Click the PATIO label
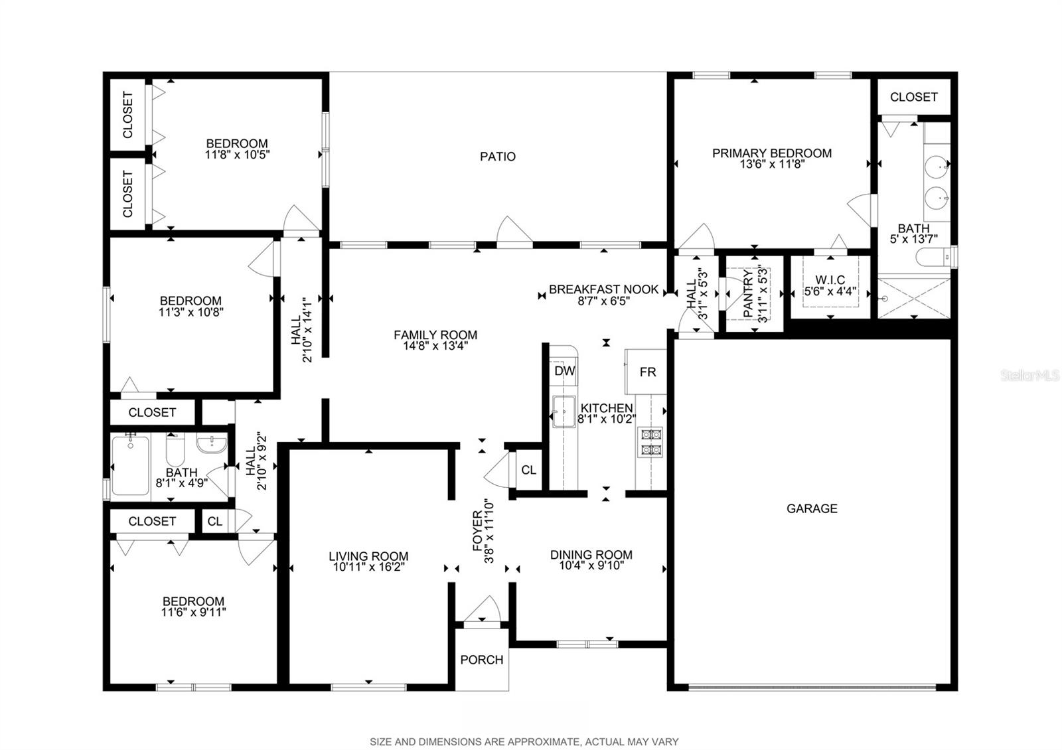[497, 157]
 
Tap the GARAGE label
[812, 508]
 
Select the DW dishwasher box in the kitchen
[564, 371]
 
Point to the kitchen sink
[564, 412]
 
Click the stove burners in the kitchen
[650, 442]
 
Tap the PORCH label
[482, 660]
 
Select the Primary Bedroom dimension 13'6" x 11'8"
[772, 165]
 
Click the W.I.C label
[830, 279]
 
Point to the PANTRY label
[748, 293]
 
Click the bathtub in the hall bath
[130, 465]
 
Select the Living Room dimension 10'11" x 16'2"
[368, 567]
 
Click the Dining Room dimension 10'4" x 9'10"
[591, 565]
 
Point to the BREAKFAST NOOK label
[603, 289]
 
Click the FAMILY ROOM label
[435, 335]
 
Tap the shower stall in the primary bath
[914, 299]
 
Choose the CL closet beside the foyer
[528, 470]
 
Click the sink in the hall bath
[212, 443]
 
